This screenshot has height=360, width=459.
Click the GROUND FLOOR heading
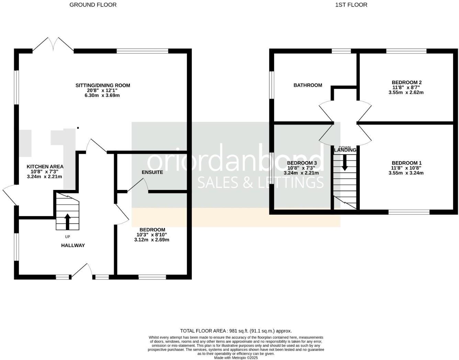click(93, 5)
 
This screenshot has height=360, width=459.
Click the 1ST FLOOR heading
click(351, 5)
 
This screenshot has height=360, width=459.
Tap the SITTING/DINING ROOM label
click(103, 85)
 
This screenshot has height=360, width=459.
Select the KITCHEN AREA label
click(45, 167)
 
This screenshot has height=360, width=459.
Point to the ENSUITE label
click(152, 172)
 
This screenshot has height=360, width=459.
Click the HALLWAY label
click(73, 245)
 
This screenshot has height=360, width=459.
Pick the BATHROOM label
click(308, 85)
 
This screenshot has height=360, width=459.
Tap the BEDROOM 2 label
click(406, 82)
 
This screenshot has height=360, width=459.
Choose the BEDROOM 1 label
click(406, 163)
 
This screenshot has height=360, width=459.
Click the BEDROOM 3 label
click(302, 163)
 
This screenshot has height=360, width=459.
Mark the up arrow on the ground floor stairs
click(67, 222)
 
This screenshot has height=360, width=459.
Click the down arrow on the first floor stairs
click(345, 163)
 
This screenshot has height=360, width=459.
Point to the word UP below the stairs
click(67, 237)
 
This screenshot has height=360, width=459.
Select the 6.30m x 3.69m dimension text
click(102, 95)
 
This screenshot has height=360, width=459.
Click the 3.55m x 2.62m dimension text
click(406, 92)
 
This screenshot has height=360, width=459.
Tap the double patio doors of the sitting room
click(53, 45)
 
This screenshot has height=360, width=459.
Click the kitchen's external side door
click(9, 195)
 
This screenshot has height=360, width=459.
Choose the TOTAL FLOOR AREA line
click(236, 331)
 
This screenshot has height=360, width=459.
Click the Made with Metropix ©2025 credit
click(236, 358)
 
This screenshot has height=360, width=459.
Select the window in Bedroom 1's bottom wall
click(409, 212)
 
